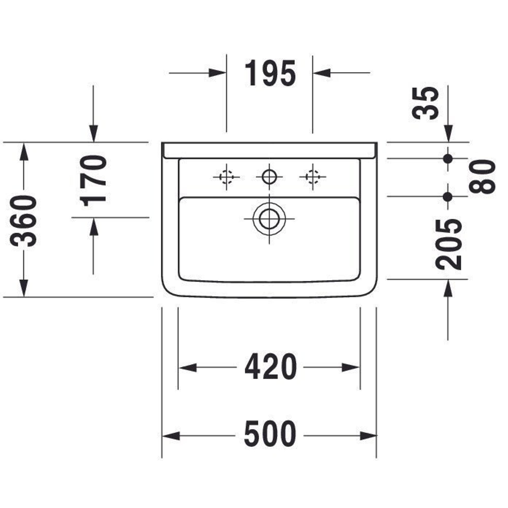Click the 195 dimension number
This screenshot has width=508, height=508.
coord(270,73)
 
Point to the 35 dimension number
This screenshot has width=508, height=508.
coord(425,103)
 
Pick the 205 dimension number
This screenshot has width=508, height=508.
coord(449,245)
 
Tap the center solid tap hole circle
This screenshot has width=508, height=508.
coord(269,177)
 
